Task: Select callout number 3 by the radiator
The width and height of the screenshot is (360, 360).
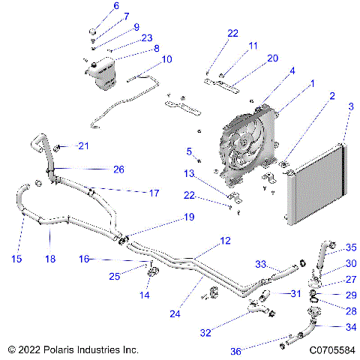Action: (x=349, y=108)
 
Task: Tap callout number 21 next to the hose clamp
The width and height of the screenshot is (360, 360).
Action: (x=83, y=145)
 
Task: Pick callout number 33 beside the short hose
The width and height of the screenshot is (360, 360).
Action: (x=262, y=264)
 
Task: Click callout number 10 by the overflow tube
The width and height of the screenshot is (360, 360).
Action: (x=166, y=58)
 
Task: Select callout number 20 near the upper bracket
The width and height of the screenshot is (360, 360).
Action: (x=252, y=58)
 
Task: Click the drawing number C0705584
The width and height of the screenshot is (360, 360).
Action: (x=326, y=349)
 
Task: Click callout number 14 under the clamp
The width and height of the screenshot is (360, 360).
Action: (x=145, y=295)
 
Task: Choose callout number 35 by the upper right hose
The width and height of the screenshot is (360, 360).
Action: (x=351, y=247)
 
